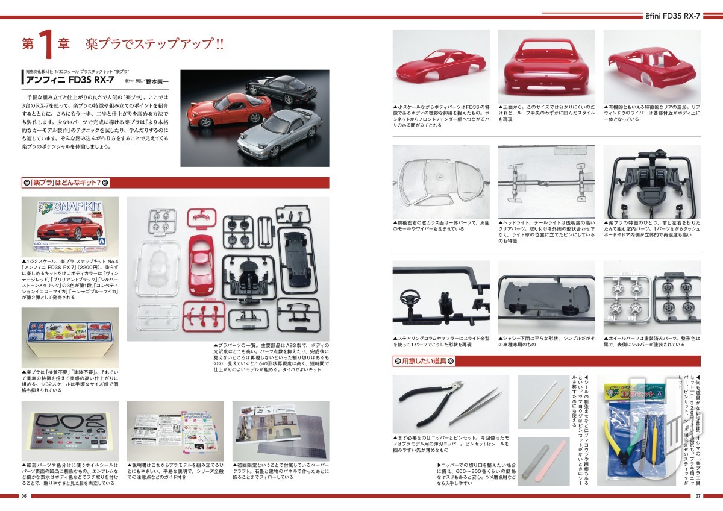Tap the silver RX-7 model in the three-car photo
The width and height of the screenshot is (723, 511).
pos(281,133)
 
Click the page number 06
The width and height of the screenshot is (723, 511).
pos(24,497)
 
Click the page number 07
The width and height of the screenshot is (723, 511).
pos(698,497)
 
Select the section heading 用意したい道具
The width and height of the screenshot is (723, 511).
pos(429,361)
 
